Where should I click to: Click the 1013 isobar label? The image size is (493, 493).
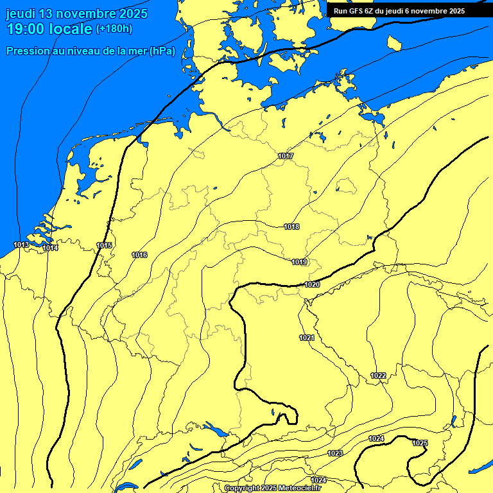pyautogui.click(x=21, y=245)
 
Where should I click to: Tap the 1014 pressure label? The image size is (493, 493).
pyautogui.click(x=51, y=248)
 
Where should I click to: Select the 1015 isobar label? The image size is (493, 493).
pyautogui.click(x=104, y=245)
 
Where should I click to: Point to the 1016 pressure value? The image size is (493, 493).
pyautogui.click(x=139, y=255)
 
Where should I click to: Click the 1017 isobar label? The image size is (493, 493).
pyautogui.click(x=286, y=157)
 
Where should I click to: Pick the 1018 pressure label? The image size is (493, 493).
pyautogui.click(x=291, y=227)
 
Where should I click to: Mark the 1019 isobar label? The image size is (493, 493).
pyautogui.click(x=299, y=262)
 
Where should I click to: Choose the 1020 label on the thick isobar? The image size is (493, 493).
pyautogui.click(x=312, y=284)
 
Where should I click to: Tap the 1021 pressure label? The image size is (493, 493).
pyautogui.click(x=307, y=338)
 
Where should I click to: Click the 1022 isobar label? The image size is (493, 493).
pyautogui.click(x=378, y=376)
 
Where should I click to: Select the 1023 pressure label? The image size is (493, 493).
pyautogui.click(x=335, y=453)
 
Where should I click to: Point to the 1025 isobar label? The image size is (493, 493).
pyautogui.click(x=420, y=443)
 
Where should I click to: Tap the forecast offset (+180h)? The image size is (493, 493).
pyautogui.click(x=114, y=28)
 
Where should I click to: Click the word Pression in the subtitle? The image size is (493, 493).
pyautogui.click(x=28, y=51)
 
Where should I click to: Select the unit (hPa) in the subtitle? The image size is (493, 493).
pyautogui.click(x=162, y=51)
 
